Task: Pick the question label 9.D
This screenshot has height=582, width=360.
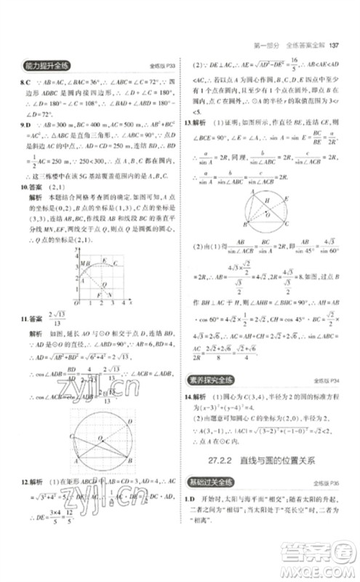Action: pyautogui.click(x=26, y=125)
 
